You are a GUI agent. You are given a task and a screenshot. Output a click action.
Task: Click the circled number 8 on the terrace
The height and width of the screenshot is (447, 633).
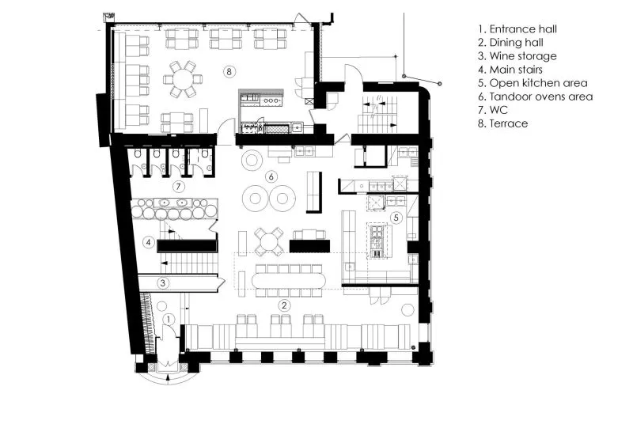[x=229, y=72]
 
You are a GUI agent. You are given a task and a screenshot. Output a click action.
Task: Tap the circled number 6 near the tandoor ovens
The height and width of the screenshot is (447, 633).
[x=271, y=176]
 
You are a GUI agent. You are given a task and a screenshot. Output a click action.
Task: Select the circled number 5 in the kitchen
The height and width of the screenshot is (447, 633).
[x=396, y=218]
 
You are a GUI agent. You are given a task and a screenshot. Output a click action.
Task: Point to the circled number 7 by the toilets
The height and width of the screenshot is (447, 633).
[x=178, y=187]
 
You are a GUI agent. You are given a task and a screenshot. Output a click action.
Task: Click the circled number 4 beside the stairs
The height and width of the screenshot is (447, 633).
[x=149, y=242]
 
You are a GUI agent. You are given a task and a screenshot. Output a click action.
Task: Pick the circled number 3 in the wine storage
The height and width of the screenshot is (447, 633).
[x=163, y=282]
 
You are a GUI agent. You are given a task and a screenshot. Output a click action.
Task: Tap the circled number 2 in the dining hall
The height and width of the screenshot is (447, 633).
[x=284, y=305]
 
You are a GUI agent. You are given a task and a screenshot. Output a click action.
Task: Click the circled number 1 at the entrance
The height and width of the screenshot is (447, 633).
[x=169, y=320]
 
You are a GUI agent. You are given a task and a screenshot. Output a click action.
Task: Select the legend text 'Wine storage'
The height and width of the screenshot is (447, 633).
[x=523, y=56]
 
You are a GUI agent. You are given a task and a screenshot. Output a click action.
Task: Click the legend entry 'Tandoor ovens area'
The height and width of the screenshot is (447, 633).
[x=541, y=97]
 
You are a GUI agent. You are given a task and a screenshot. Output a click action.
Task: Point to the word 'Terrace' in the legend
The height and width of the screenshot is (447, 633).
[x=508, y=123]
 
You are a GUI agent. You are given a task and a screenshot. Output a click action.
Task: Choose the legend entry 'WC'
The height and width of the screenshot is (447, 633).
[x=498, y=110]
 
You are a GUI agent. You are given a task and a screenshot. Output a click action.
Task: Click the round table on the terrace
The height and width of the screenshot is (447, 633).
[x=184, y=79]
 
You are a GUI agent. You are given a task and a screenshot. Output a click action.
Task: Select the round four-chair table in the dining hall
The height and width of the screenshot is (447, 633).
[x=268, y=242]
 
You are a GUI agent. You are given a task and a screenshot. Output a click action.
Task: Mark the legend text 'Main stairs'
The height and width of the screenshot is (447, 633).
[x=516, y=70]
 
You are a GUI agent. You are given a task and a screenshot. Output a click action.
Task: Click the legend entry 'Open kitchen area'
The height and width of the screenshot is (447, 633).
[x=538, y=83]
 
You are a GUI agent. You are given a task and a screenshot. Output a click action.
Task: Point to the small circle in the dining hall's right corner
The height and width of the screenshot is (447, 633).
[x=408, y=309]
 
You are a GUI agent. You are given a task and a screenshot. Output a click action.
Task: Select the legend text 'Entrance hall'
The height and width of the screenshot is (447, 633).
[x=523, y=29]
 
